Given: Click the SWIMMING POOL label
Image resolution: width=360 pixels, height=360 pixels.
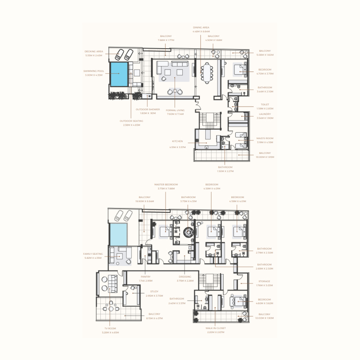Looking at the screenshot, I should point(94,71).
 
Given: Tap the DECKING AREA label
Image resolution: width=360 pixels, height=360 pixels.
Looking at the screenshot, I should point(94,52).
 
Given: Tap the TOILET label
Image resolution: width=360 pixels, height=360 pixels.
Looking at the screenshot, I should point(265,104).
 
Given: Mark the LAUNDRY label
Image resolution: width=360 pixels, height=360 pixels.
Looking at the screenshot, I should point(265,114).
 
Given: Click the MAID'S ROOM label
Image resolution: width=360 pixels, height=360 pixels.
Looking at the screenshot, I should point(265,138).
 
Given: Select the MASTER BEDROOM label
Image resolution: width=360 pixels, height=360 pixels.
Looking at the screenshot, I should point(166,184).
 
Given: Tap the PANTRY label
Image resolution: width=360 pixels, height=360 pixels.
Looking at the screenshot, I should point(145,277).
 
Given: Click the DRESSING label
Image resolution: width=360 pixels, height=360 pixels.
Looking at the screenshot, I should point(185,277).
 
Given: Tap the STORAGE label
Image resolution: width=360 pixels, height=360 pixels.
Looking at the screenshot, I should point(265,281).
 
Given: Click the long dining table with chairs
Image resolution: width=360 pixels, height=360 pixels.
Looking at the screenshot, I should point(208,72).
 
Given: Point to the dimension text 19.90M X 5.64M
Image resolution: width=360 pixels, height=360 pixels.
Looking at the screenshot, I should point(145,201).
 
